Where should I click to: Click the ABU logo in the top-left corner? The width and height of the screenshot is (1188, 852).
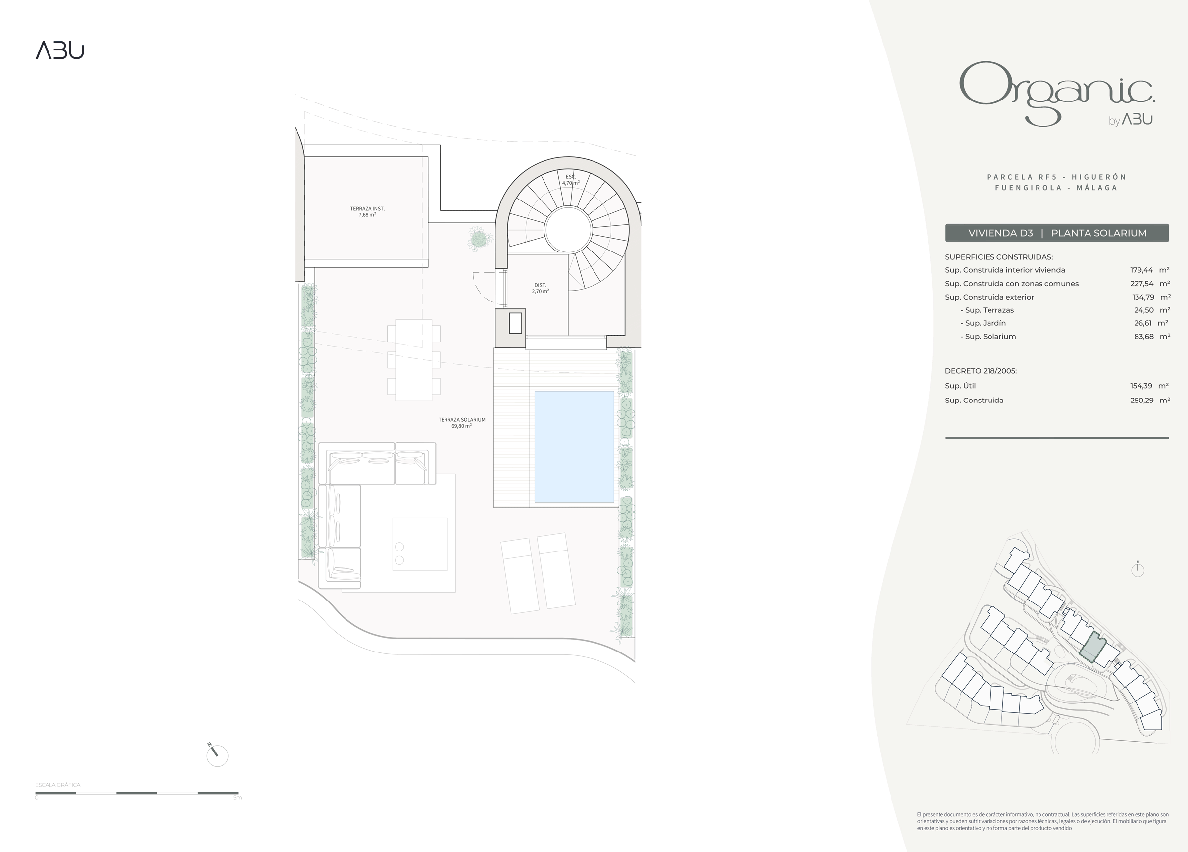[x=60, y=51]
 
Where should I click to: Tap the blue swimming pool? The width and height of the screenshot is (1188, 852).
[x=574, y=447]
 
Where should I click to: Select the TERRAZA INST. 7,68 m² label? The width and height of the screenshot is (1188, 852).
[x=367, y=212]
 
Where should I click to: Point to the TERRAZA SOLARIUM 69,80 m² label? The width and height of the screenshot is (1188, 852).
[x=461, y=423]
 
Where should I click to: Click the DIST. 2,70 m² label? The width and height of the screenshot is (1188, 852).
[x=540, y=288]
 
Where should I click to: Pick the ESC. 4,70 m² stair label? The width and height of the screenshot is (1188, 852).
[x=570, y=180]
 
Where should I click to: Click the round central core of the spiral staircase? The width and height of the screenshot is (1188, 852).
[x=568, y=230]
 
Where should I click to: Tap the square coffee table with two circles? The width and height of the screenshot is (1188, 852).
[x=420, y=544]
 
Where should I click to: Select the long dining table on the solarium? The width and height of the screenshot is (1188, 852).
[x=413, y=359]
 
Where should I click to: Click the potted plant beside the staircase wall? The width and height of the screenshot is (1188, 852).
[x=479, y=240]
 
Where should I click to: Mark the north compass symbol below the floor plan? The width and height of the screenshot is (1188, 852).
[x=217, y=755]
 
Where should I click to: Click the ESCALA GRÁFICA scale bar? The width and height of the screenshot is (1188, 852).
[x=137, y=793]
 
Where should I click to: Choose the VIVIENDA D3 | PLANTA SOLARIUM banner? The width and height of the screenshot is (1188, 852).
[x=1057, y=233]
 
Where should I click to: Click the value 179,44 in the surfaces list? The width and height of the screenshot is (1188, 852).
[x=1141, y=270]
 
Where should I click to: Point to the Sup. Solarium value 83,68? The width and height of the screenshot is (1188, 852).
[x=1143, y=337]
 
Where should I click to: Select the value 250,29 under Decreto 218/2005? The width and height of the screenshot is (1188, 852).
[x=1141, y=401]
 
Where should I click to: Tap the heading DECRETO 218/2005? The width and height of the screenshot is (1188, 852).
[x=981, y=371]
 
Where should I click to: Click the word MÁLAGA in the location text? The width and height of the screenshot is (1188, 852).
[x=1097, y=188]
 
